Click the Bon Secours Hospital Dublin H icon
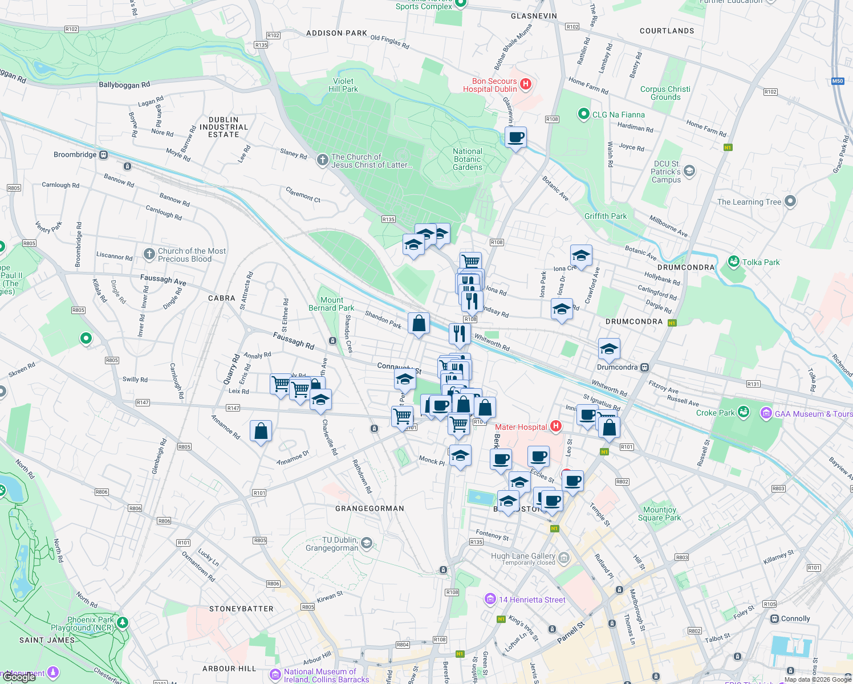(526, 84)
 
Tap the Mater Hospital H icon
(556, 426)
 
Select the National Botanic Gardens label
(468, 160)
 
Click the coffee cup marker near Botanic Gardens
(515, 138)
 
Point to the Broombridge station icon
(103, 155)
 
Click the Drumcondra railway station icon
(644, 368)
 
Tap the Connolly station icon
(774, 618)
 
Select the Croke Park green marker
(743, 412)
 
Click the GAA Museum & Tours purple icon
(766, 414)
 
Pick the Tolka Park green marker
(734, 262)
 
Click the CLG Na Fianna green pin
(583, 114)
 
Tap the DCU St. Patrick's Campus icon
(689, 171)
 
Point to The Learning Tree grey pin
(790, 201)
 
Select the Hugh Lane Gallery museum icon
(564, 557)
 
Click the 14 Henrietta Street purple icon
(490, 599)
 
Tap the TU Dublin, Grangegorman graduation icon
(367, 543)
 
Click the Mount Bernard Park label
(331, 304)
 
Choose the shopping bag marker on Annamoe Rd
(261, 432)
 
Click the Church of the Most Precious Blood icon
(149, 254)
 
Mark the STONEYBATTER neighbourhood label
(241, 609)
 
